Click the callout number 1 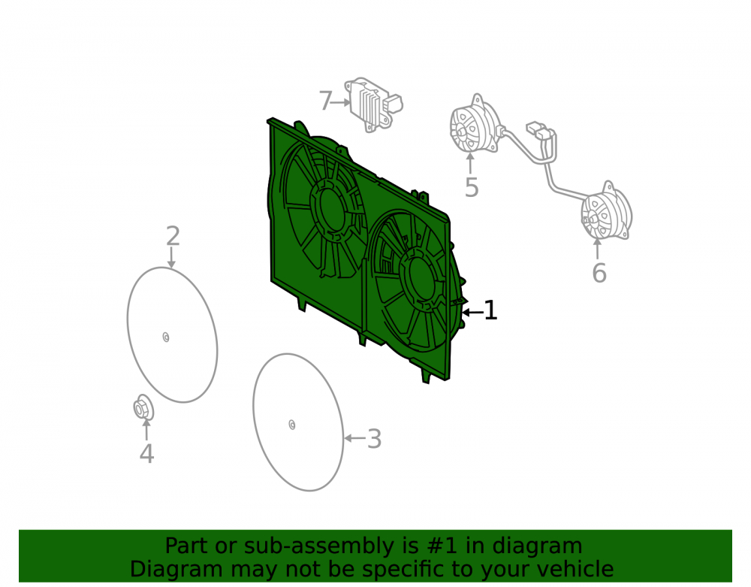490,310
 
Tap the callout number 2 173,236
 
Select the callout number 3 375,439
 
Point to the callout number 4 146,454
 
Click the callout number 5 472,187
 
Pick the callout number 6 599,273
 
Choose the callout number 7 326,101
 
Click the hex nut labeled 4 143,407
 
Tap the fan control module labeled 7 373,104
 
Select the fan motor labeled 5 474,125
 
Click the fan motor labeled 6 606,212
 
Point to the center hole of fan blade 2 166,337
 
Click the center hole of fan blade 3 291,425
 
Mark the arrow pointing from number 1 472,313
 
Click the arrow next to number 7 341,102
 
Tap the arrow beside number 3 355,438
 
